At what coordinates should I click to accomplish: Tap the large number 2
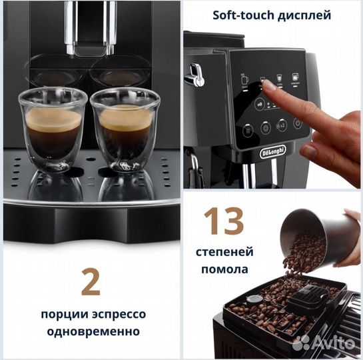91,281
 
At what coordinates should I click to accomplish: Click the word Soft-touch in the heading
240,14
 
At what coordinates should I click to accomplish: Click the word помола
222,270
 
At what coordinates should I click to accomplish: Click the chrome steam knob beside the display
194,73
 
